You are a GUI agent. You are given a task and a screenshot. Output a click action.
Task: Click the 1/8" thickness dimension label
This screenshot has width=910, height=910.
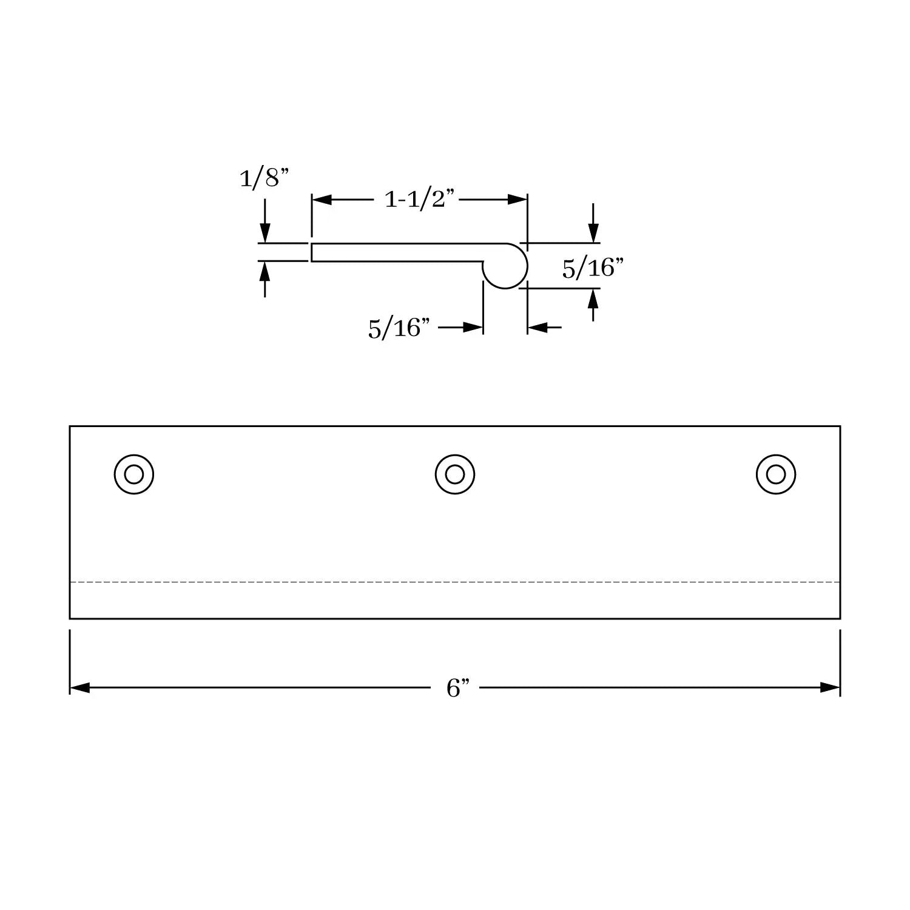265,178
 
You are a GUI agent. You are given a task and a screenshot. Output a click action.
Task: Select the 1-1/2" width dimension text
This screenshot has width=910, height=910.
420,199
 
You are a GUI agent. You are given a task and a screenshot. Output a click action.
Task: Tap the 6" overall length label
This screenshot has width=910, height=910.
458,689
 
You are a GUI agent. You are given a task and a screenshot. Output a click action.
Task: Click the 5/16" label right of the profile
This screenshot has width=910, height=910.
593,268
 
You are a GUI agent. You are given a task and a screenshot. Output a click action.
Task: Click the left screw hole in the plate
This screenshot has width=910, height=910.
134,474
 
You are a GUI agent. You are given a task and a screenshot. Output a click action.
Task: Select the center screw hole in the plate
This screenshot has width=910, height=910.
455,474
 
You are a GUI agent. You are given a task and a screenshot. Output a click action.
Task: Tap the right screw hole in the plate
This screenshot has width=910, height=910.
776,474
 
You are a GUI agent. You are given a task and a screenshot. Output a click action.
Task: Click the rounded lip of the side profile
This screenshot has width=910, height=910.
525,266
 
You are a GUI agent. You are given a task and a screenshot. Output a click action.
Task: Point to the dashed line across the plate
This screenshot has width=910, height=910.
455,582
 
